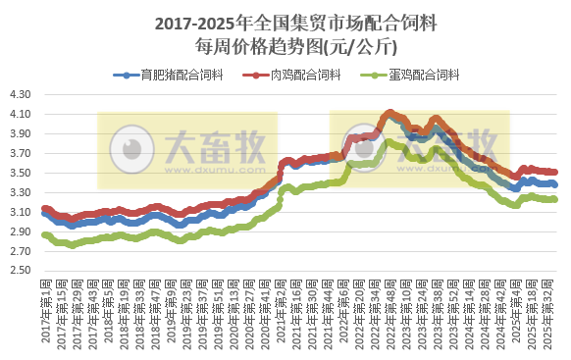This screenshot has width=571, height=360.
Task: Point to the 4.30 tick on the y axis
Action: (x=20, y=95)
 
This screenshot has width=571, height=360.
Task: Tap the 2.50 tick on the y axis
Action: (x=20, y=271)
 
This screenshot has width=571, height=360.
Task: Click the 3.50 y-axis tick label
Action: (x=20, y=174)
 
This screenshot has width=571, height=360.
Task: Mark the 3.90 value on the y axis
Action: (x=20, y=134)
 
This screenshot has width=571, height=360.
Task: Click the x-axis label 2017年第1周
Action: (x=46, y=314)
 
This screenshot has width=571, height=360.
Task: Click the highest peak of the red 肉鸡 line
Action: (x=390, y=112)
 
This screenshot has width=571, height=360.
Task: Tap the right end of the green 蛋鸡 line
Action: (x=555, y=199)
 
